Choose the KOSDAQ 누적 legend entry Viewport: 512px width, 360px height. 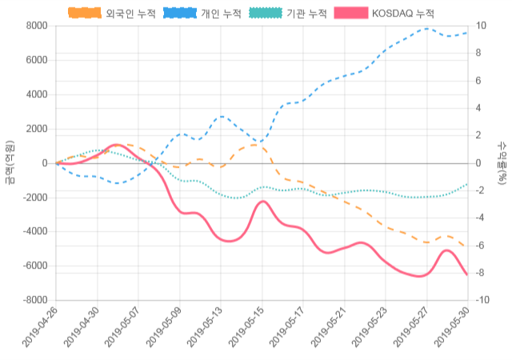coord(403,14)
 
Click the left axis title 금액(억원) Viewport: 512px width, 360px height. coord(10,162)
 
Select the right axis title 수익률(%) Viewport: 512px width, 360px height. coord(502,162)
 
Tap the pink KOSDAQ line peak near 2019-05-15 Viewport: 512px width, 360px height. coord(262,202)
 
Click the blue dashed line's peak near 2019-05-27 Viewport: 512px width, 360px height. coord(426,29)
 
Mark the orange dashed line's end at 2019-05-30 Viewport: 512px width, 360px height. coord(467,247)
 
